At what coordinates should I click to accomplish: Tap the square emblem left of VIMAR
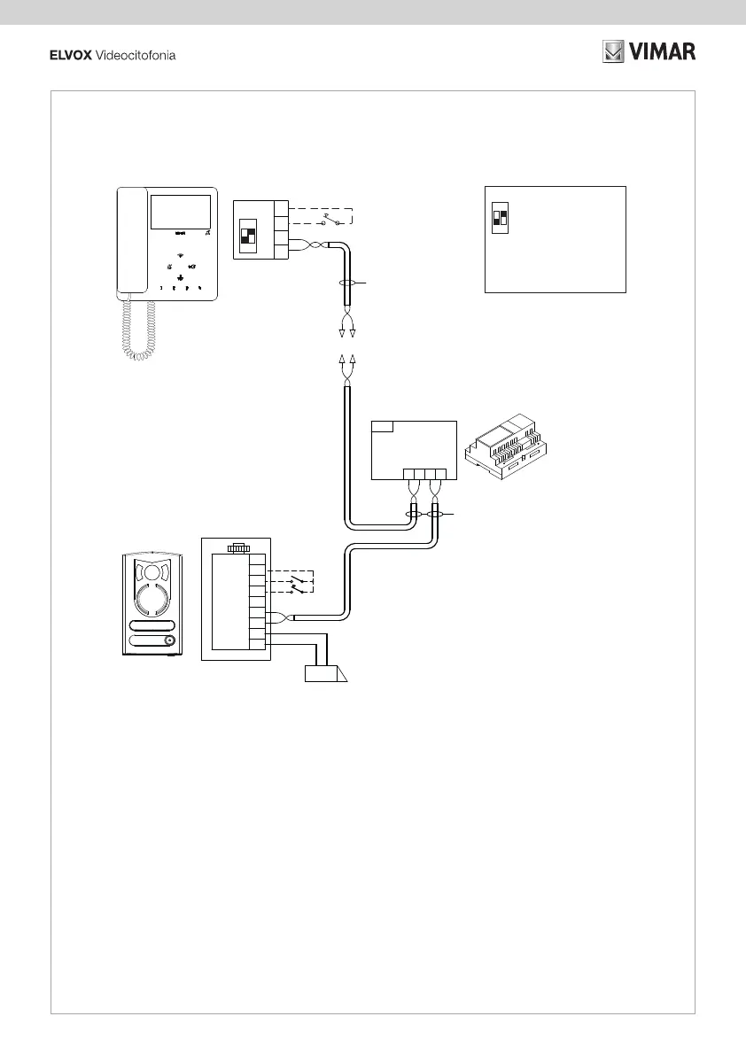point(614,52)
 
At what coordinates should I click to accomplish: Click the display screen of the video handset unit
point(180,212)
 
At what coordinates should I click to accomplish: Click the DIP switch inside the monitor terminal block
point(248,236)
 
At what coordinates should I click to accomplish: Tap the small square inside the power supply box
point(383,427)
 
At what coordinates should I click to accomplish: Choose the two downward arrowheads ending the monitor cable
point(346,333)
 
